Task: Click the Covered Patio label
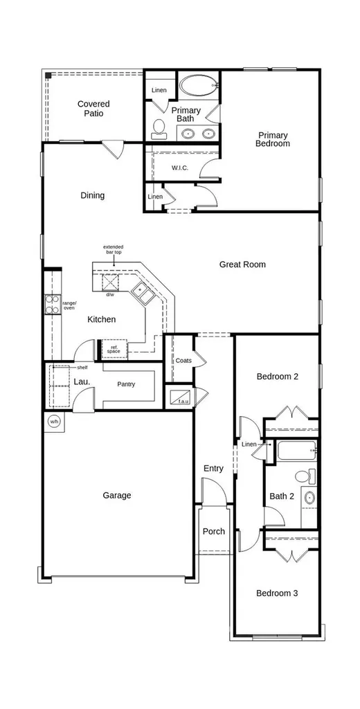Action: pyautogui.click(x=93, y=109)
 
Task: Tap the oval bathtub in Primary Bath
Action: pyautogui.click(x=199, y=85)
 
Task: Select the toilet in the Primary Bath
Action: pyautogui.click(x=159, y=129)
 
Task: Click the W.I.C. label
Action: pyautogui.click(x=179, y=168)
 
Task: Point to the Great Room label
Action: pyautogui.click(x=242, y=264)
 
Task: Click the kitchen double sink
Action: pyautogui.click(x=143, y=293)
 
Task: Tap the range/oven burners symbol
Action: pyautogui.click(x=52, y=304)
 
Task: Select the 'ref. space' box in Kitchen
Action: pyautogui.click(x=114, y=349)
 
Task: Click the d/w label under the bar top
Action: pyautogui.click(x=110, y=294)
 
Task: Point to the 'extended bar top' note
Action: pyautogui.click(x=113, y=249)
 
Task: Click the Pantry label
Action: pyautogui.click(x=126, y=384)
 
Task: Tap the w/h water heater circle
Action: pyautogui.click(x=54, y=422)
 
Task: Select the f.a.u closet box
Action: pyautogui.click(x=180, y=396)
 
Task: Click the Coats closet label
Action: pyautogui.click(x=183, y=360)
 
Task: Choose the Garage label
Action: pyautogui.click(x=117, y=495)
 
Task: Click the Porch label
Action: pyautogui.click(x=213, y=531)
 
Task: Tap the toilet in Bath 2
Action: pyautogui.click(x=305, y=475)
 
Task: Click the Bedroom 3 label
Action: pyautogui.click(x=277, y=593)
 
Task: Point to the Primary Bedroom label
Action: pyautogui.click(x=273, y=139)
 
